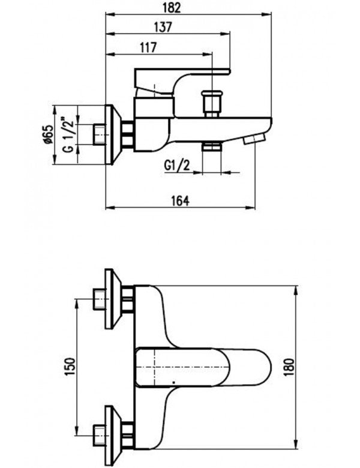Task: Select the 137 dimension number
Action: (163, 27)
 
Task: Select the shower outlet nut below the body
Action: (211, 148)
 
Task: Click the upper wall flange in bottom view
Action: (111, 298)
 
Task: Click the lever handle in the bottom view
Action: (198, 367)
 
